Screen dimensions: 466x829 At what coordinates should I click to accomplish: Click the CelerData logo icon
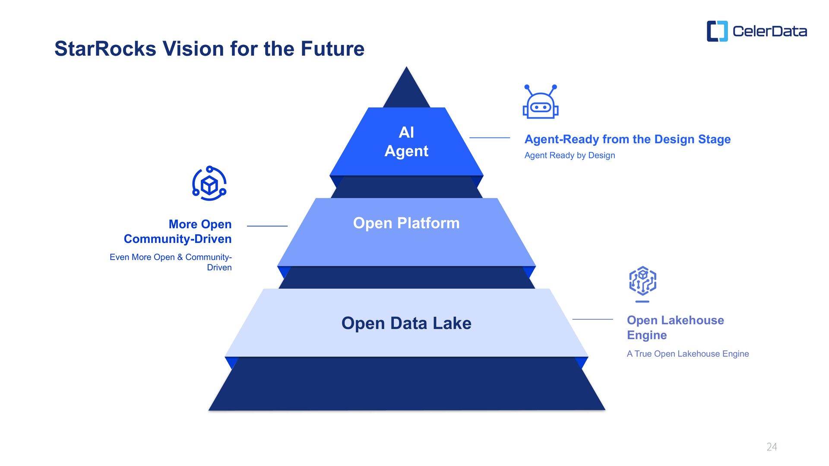(717, 31)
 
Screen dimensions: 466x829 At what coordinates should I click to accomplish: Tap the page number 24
(772, 447)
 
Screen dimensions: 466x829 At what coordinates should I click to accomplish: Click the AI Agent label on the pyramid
(406, 142)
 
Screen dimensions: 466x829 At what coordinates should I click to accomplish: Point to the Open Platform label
(406, 223)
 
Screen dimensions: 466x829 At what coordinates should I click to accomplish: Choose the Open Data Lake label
(406, 323)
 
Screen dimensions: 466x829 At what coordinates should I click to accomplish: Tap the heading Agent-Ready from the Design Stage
(627, 139)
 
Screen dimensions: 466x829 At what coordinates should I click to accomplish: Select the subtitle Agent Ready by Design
(570, 155)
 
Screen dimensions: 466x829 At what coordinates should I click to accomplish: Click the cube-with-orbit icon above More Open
(209, 184)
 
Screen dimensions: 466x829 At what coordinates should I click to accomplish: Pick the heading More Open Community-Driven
(178, 232)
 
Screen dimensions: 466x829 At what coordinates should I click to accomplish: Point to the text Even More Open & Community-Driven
(171, 262)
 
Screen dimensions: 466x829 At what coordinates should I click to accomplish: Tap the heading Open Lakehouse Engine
(675, 327)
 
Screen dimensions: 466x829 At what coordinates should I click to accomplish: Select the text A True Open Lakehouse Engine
(688, 354)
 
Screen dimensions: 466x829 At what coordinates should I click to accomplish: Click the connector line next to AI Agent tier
(490, 138)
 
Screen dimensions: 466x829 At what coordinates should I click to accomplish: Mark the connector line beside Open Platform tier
(267, 226)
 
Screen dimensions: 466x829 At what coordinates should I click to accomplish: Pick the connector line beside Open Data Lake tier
(592, 319)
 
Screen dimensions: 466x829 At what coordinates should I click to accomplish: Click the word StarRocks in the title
(105, 49)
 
